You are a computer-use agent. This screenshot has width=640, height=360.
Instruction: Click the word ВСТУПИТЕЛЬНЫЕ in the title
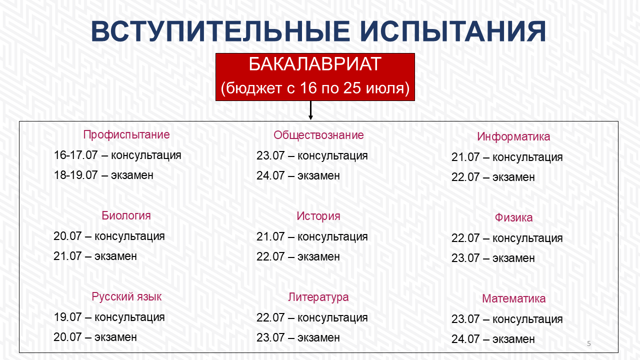(220, 31)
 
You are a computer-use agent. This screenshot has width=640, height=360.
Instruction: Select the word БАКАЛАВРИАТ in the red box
(315, 64)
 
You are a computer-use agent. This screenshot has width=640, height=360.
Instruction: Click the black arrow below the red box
(310, 110)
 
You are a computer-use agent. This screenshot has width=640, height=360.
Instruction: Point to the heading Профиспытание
(126, 135)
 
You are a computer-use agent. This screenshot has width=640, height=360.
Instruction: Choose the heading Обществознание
(318, 135)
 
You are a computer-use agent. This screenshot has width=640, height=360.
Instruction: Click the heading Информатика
(513, 137)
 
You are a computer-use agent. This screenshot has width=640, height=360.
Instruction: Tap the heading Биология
(126, 215)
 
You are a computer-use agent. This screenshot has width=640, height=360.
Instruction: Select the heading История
(318, 216)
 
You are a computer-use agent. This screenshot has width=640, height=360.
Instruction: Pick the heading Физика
(513, 217)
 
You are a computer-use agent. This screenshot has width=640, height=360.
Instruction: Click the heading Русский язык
(126, 296)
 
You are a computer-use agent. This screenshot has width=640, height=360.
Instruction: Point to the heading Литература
(318, 297)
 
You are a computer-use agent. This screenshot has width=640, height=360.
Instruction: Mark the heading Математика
(513, 299)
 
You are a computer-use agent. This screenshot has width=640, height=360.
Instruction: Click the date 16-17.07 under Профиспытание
(75, 155)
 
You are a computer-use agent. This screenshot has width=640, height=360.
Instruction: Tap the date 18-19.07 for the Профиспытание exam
(75, 175)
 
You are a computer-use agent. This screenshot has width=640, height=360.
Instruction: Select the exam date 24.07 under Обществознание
(270, 175)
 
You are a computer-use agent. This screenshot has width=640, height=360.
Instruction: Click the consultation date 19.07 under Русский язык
(67, 317)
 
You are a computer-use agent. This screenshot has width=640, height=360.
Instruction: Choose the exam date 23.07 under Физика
(465, 258)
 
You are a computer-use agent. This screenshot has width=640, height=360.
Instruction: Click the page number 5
(589, 343)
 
